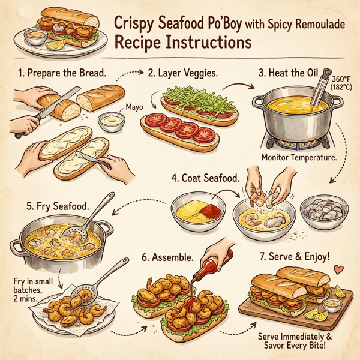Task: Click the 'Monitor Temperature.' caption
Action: (298, 157)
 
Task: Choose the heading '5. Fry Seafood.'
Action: (58, 206)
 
